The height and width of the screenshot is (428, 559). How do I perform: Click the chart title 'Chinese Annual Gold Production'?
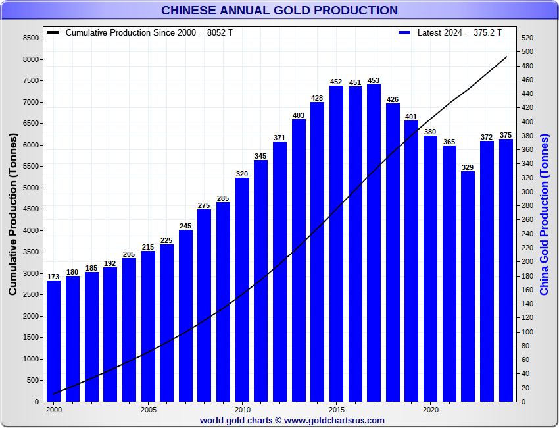click(x=279, y=11)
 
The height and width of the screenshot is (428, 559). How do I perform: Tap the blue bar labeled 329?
click(x=468, y=286)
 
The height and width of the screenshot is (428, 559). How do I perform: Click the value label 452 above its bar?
click(x=336, y=82)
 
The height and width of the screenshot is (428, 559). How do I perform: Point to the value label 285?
click(x=223, y=198)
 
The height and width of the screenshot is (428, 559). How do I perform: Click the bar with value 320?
click(x=242, y=289)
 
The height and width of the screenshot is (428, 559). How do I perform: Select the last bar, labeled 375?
click(x=506, y=270)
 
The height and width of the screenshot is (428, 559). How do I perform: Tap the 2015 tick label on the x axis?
click(x=336, y=409)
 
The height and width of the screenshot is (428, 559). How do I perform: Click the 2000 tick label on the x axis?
click(x=54, y=409)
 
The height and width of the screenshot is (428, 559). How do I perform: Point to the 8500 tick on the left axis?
click(x=30, y=38)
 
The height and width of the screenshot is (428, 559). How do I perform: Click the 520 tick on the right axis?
click(x=527, y=38)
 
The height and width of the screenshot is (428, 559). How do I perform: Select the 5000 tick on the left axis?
click(x=30, y=188)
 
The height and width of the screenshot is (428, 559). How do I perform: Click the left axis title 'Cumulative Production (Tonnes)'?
click(x=13, y=214)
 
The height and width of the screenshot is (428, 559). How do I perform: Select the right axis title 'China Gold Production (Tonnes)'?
click(x=544, y=214)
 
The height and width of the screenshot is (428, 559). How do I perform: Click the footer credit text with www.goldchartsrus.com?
click(x=292, y=420)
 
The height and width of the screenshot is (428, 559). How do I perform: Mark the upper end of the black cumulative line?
click(x=506, y=57)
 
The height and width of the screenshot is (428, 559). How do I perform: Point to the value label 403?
click(x=299, y=115)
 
